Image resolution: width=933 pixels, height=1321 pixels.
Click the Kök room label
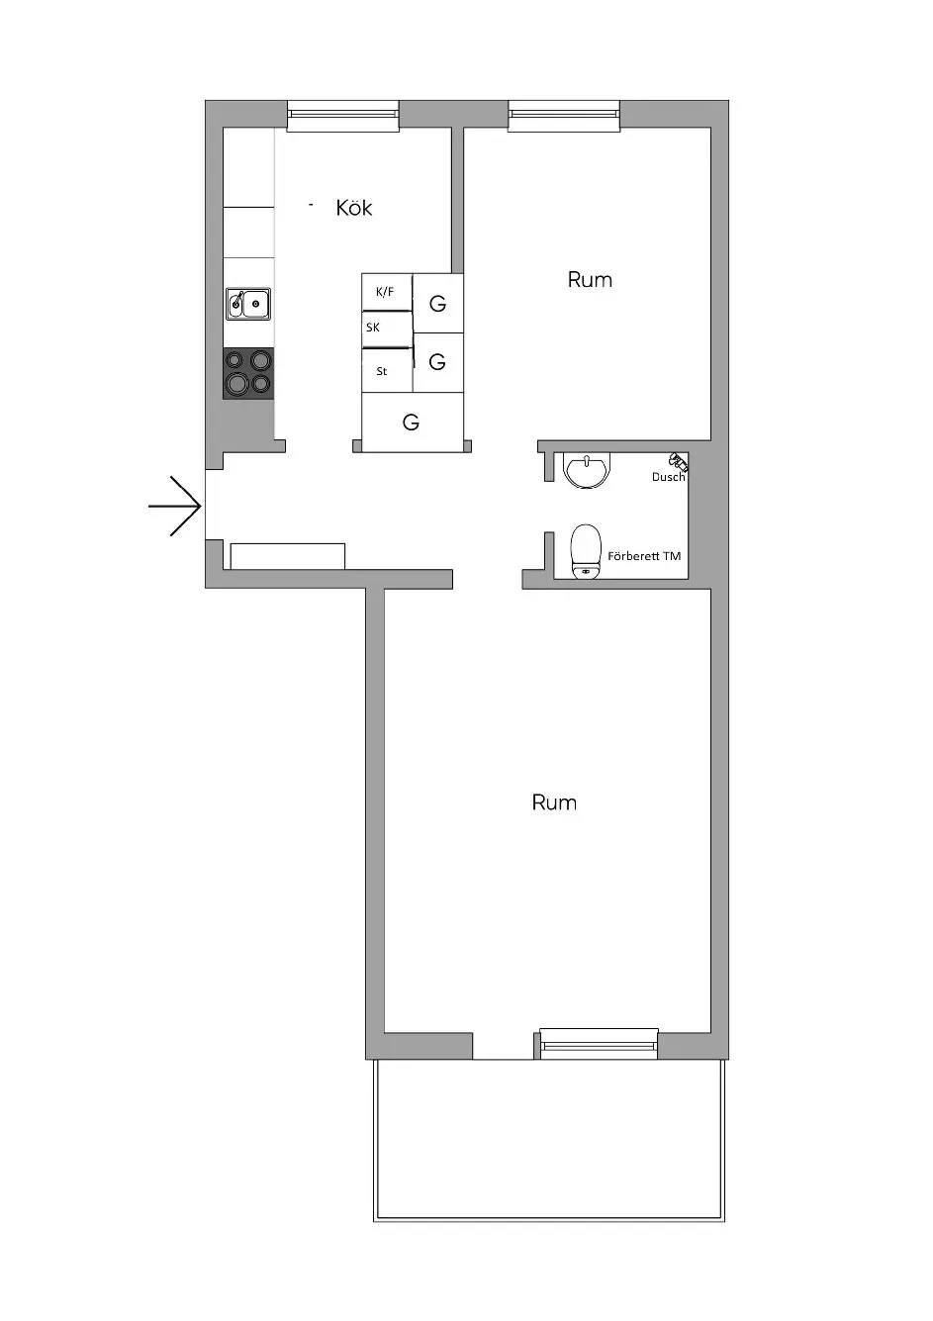(354, 208)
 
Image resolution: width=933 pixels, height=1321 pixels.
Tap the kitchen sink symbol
(248, 303)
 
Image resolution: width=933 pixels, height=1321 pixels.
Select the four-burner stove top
(248, 374)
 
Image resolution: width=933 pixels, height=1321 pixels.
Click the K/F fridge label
(385, 292)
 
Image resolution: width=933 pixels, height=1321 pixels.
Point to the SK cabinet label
(373, 328)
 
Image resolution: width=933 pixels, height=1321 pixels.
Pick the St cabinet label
(382, 371)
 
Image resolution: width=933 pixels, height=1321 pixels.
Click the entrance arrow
(174, 506)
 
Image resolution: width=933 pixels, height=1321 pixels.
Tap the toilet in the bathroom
(586, 551)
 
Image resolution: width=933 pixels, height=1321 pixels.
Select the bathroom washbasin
(588, 471)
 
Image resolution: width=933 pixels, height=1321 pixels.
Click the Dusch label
(668, 477)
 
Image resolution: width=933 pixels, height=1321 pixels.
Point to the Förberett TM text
(644, 555)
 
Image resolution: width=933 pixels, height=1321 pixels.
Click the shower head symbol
(678, 459)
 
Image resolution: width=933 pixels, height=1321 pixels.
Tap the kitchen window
(342, 115)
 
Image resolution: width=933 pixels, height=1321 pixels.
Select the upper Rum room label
(590, 279)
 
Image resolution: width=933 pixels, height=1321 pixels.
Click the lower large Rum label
(554, 802)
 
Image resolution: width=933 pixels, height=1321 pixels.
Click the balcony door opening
(503, 1046)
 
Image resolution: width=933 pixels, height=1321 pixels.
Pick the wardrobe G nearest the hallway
(411, 423)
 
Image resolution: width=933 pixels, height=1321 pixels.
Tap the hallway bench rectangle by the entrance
(287, 556)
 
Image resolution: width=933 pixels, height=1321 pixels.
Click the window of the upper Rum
(564, 115)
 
